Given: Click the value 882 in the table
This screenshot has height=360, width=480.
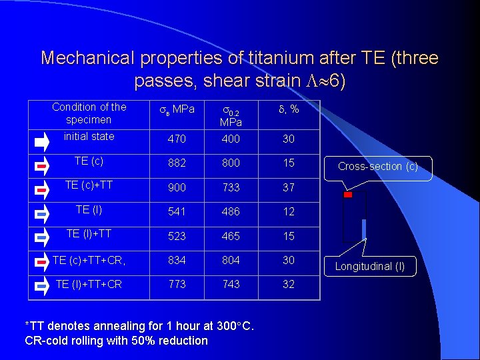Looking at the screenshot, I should click(177, 163).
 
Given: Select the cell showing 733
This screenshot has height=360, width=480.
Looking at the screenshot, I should click(231, 188).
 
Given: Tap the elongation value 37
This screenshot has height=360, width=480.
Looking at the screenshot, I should click(288, 188).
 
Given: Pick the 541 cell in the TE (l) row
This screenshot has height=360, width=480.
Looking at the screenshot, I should click(177, 212).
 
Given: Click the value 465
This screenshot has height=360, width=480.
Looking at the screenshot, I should click(231, 236).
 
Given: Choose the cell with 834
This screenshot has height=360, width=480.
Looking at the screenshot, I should click(177, 260).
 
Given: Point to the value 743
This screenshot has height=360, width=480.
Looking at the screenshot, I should click(231, 284).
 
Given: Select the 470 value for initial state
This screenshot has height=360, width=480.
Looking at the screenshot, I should click(177, 139).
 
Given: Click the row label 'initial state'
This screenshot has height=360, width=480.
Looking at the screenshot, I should click(89, 136).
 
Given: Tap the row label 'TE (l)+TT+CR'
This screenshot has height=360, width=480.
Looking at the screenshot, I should click(89, 284).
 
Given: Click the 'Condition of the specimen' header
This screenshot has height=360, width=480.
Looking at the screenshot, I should click(89, 113).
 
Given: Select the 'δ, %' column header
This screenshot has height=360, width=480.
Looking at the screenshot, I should click(288, 109).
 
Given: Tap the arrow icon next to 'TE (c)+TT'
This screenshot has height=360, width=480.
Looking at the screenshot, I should click(41, 189).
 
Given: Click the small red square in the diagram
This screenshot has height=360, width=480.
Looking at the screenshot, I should click(347, 195).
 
